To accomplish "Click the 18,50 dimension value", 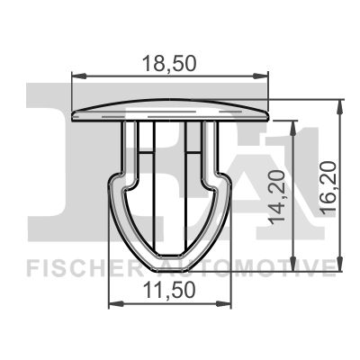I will tap(170, 63).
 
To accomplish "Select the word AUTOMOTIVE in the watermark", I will tap(261, 267).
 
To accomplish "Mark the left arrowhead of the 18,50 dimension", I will tap(76, 76).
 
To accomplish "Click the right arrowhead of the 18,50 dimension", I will tap(265, 76).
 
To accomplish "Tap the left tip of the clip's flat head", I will tap(72, 114).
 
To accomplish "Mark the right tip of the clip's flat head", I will tap(269, 114).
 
